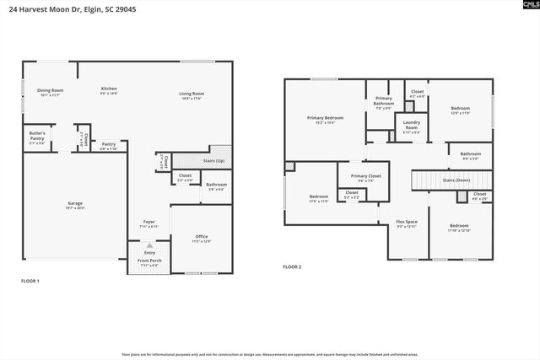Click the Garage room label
click(x=76, y=204)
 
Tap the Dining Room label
click(x=51, y=90)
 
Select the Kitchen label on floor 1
click(x=109, y=89)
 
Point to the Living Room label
click(x=192, y=94)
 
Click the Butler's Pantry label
click(x=37, y=134)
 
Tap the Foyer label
click(x=148, y=223)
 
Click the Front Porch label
click(x=149, y=261)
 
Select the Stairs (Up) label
click(x=215, y=161)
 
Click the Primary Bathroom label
click(x=384, y=100)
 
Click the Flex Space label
click(x=408, y=223)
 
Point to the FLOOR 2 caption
click(x=292, y=266)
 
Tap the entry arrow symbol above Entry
click(x=149, y=245)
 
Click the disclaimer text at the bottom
click(x=270, y=354)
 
